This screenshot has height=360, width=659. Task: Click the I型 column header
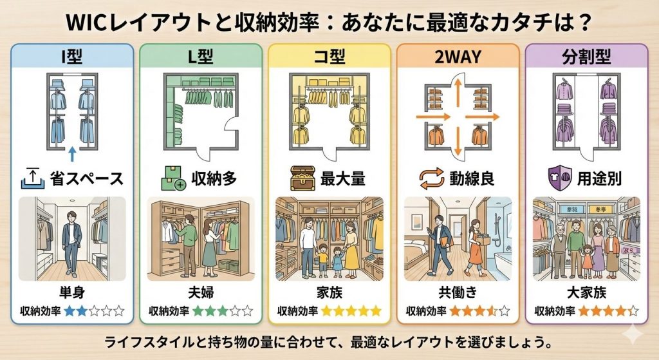click(x=72, y=57)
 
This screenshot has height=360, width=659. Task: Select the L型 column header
click(x=201, y=57)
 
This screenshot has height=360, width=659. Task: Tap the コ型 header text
click(x=329, y=57)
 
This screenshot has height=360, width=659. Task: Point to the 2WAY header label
click(x=458, y=57)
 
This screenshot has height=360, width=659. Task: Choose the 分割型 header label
click(x=586, y=57)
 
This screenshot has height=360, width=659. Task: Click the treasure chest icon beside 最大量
click(x=302, y=178)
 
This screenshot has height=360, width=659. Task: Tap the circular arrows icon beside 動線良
click(x=431, y=179)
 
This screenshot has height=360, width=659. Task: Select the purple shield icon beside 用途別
click(x=560, y=178)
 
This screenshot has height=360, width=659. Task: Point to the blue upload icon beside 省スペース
click(x=33, y=178)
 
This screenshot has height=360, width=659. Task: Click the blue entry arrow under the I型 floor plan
click(x=72, y=154)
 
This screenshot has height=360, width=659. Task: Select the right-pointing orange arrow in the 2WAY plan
click(x=482, y=117)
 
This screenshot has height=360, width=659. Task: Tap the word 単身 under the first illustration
click(x=72, y=292)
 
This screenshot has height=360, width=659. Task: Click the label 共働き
click(x=458, y=292)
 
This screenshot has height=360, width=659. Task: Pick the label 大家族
click(x=586, y=292)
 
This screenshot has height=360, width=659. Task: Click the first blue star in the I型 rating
click(x=70, y=311)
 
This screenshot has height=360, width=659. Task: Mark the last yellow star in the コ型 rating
click(x=376, y=311)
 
